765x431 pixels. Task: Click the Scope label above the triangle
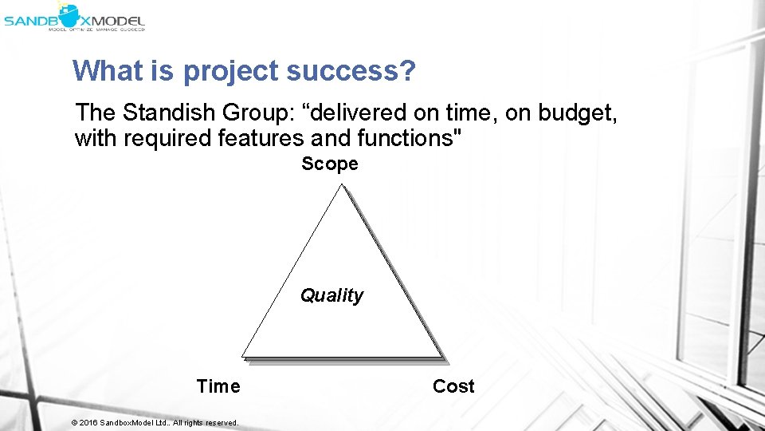pos(330,164)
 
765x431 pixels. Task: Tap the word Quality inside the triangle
pos(331,295)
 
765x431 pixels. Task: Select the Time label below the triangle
pos(218,386)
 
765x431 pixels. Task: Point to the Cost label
pos(453,386)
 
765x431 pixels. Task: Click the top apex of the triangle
pos(341,186)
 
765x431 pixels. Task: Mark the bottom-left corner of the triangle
pos(244,356)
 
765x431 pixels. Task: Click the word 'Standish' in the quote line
pos(171,113)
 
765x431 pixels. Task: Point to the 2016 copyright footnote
pos(155,422)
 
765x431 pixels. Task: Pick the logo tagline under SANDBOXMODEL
pos(96,29)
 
